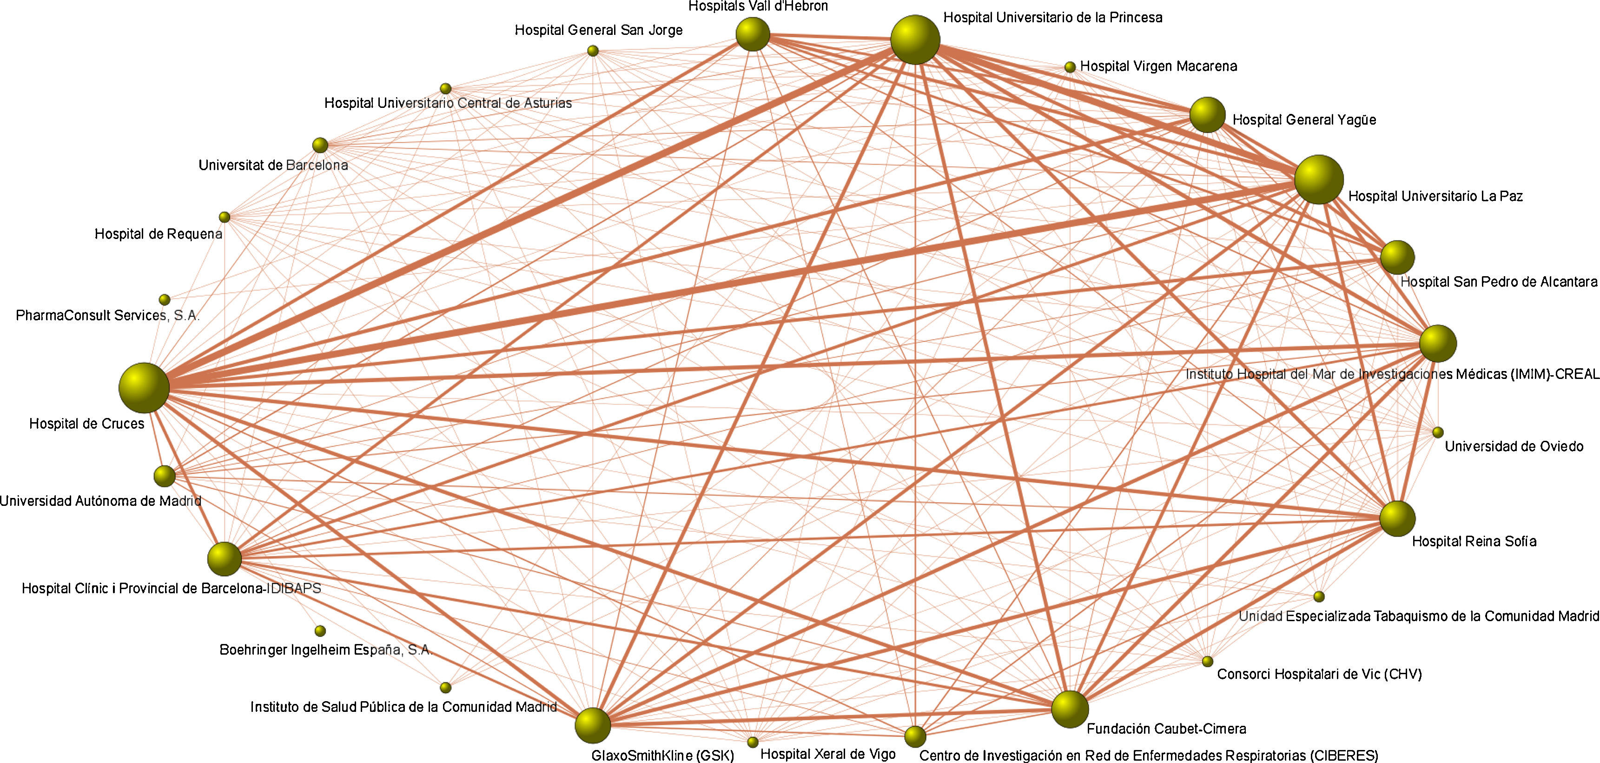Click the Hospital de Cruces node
point(144,388)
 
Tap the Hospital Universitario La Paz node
point(1319,179)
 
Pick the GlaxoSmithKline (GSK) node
point(593,725)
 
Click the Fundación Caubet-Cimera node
point(1070,709)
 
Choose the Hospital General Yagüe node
point(1207,115)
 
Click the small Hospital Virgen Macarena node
point(1070,67)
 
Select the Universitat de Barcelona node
point(320,146)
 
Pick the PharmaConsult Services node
point(165,300)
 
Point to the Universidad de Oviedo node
point(1437,432)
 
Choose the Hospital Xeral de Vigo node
point(753,742)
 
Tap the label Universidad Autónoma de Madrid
point(100,501)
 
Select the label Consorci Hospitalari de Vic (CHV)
point(1319,674)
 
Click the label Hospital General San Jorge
point(598,30)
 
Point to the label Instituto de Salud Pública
point(403,707)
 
